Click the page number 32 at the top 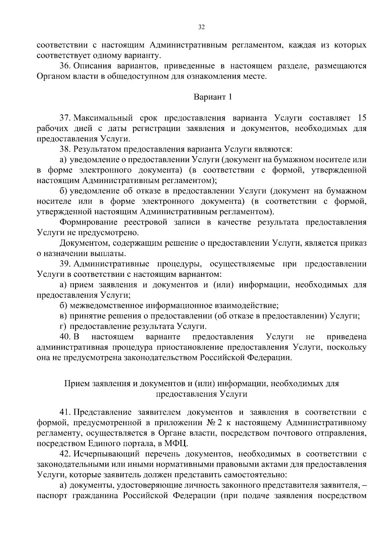(201, 27)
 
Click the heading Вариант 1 (212, 97)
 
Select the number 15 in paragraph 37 (362, 118)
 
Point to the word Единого (110, 444)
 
